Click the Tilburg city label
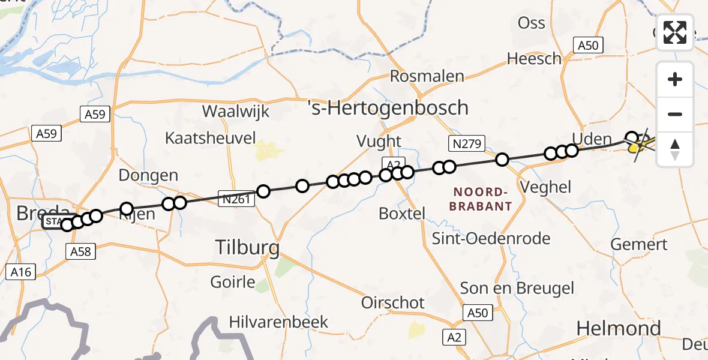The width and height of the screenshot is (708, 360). pyautogui.click(x=248, y=247)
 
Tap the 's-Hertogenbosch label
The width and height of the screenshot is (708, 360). pyautogui.click(x=388, y=108)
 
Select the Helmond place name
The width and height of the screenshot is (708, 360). pyautogui.click(x=619, y=328)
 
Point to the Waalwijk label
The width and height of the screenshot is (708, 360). pyautogui.click(x=236, y=111)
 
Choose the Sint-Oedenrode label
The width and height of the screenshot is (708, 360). pyautogui.click(x=491, y=239)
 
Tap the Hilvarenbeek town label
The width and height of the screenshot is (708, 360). pyautogui.click(x=278, y=322)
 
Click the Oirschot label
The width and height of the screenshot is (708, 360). pyautogui.click(x=392, y=303)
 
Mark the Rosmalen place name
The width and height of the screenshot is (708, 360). pyautogui.click(x=427, y=76)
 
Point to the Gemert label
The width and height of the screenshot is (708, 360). pyautogui.click(x=639, y=245)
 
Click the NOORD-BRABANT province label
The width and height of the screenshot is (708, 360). pyautogui.click(x=483, y=199)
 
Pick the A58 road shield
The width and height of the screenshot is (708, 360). pyautogui.click(x=80, y=251)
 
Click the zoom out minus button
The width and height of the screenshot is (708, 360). pyautogui.click(x=675, y=114)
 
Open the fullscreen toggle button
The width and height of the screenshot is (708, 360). pyautogui.click(x=675, y=32)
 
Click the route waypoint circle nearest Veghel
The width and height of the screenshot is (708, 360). pyautogui.click(x=502, y=160)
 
